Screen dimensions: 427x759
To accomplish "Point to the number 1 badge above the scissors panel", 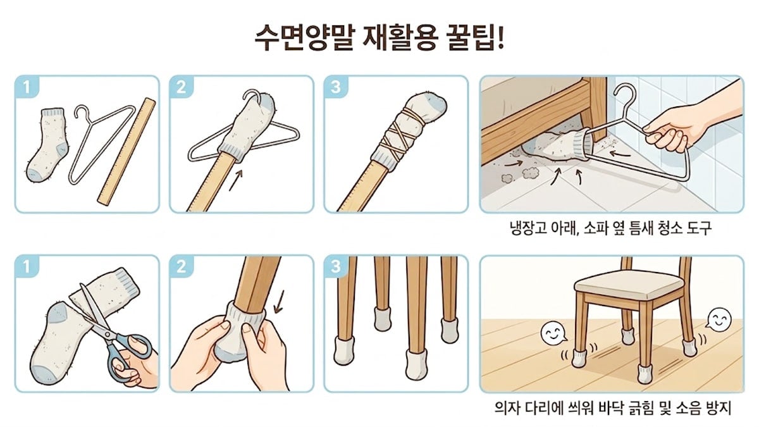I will click(x=25, y=266).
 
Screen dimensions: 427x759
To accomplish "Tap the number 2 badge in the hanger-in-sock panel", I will click(x=181, y=87).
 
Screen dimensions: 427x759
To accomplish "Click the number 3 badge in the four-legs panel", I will click(x=335, y=266).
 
